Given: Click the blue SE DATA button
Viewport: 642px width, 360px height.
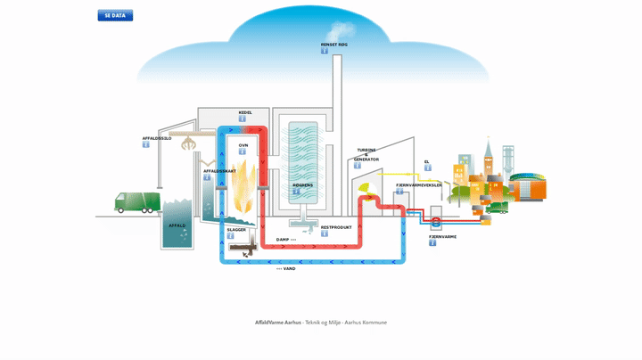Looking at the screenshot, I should click(115, 15).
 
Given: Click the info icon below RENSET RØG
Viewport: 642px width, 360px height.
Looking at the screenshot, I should click(325, 51).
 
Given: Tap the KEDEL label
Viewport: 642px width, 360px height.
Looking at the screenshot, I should click(245, 112).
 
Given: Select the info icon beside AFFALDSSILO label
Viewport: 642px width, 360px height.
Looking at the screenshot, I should click(146, 144).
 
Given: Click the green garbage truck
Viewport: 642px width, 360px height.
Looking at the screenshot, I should click(137, 202).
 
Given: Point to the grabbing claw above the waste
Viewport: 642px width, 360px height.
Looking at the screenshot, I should click(188, 143).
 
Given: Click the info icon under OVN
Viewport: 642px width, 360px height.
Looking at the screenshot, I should click(243, 151).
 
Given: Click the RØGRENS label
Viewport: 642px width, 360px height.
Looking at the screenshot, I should click(303, 185).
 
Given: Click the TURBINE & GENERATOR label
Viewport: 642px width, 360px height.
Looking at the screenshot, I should click(366, 154).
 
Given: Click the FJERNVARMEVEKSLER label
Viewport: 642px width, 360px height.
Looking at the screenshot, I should click(418, 184).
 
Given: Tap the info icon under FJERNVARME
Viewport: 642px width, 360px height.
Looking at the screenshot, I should click(432, 242).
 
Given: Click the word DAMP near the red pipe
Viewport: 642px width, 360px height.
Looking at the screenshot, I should click(283, 240).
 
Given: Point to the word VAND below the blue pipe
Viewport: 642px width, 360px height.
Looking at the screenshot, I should click(288, 268).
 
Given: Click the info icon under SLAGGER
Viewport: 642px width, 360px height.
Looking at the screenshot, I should click(230, 236).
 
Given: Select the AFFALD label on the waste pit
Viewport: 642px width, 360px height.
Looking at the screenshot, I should click(177, 225).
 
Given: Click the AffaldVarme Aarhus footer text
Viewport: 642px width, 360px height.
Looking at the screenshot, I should click(277, 322).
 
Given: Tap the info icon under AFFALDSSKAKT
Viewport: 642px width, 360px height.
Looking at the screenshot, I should click(207, 177).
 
